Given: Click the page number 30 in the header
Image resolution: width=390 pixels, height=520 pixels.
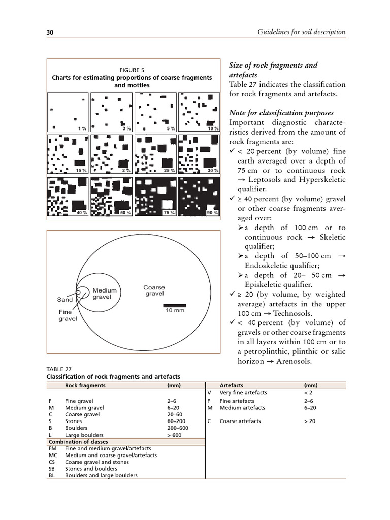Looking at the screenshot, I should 50,32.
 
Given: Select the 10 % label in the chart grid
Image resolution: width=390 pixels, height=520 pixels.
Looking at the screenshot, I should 213,129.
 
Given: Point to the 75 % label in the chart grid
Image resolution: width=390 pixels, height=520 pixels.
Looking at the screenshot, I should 169,213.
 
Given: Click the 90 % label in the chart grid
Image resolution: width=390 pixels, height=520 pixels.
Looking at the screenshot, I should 213,213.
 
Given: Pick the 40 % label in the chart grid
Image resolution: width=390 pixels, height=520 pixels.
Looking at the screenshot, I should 82,213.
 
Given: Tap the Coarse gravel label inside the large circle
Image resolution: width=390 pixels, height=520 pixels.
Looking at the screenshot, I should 154,291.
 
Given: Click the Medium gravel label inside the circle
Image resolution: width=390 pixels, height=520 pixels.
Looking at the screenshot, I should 105,294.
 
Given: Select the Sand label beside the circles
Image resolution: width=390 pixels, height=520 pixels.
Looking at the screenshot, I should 65,300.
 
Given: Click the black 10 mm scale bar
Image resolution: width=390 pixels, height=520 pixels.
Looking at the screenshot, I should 175,305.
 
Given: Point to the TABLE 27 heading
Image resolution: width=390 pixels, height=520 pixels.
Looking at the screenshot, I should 58,369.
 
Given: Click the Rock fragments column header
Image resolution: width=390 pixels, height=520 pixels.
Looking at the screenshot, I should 85,385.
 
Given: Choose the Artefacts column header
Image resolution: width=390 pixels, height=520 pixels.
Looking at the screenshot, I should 231,385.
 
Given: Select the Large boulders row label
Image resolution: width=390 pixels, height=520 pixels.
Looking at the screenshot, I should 84,435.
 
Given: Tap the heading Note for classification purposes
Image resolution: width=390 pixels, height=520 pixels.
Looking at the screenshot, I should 287,113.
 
